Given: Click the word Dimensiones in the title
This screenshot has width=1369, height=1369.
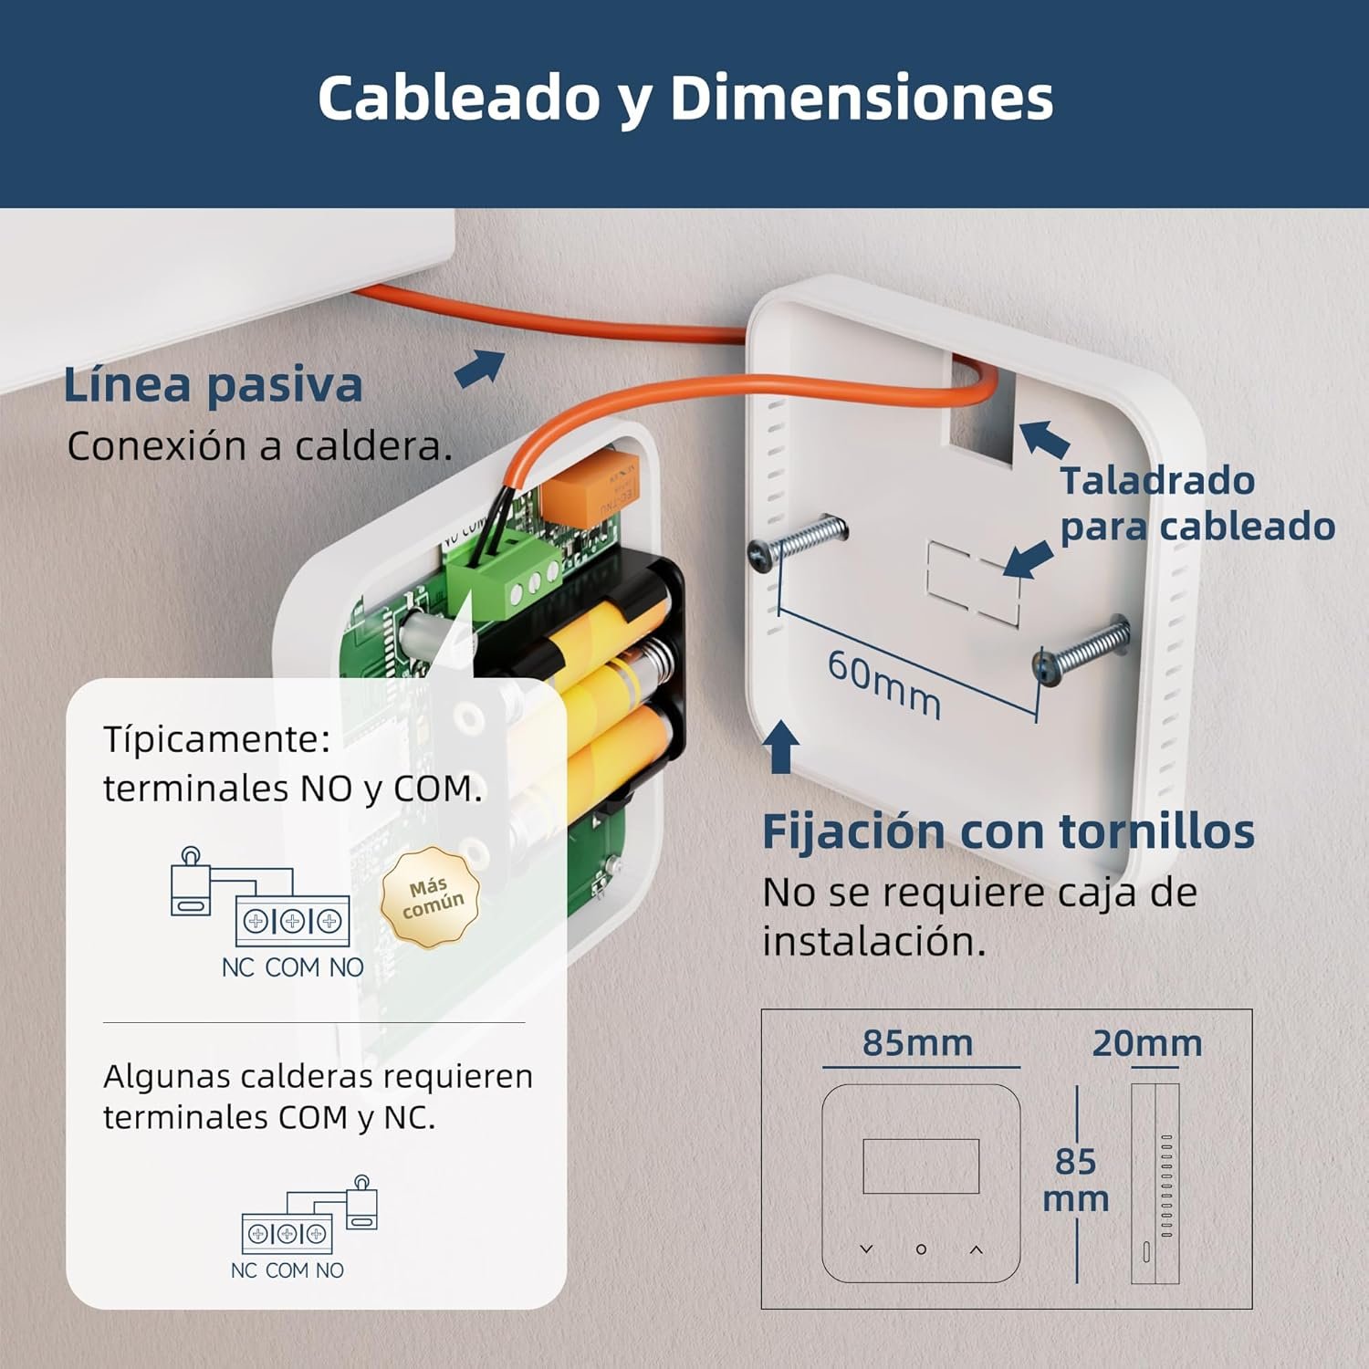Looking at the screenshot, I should [862, 98].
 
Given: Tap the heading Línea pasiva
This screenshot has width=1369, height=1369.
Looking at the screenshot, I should [213, 384].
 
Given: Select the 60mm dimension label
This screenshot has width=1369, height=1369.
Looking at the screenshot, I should [883, 684].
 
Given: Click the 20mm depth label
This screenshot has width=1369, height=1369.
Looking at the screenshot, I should [1146, 1043].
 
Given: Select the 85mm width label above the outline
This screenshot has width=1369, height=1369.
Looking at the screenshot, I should [917, 1042].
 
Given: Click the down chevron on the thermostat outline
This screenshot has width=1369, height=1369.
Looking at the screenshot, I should [866, 1249].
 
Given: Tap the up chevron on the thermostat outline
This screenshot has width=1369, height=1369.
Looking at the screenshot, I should [976, 1249].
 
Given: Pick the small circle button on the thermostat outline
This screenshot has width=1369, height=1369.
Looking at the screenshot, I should [921, 1249].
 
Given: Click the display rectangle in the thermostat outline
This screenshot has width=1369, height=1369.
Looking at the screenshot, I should [921, 1165].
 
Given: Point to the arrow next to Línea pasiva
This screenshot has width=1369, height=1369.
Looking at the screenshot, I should [480, 368].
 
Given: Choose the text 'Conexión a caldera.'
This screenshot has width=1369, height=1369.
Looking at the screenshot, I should [259, 446].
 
